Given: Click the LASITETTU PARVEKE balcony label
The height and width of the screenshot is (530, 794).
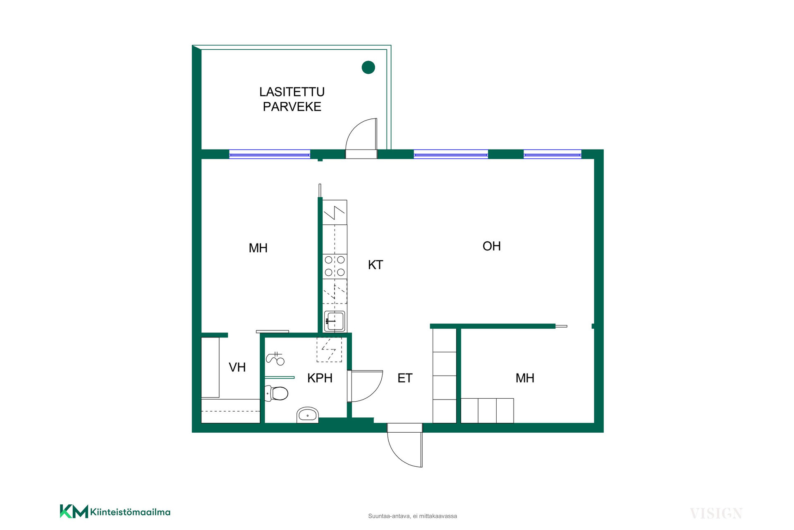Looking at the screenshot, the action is (292, 99).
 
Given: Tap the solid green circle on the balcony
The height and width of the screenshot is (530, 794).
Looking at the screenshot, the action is (368, 67).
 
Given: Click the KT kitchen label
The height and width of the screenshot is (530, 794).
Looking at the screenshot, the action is (375, 265).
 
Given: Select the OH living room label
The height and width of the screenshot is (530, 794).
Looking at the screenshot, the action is (492, 246).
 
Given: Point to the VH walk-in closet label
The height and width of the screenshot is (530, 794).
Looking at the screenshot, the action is (237, 367).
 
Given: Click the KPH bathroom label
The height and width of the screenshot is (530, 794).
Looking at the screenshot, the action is (320, 378).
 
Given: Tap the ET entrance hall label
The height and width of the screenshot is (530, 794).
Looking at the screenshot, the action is (405, 378).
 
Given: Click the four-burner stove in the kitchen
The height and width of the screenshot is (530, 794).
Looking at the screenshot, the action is (335, 266).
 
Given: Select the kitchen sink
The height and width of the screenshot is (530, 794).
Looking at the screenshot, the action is (335, 321).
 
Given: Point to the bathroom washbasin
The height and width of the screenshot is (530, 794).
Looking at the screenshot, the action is (308, 415).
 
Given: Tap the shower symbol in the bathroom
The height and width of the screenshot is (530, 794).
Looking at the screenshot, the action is (275, 359).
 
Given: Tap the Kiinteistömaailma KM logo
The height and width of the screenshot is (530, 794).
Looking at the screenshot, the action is (115, 511).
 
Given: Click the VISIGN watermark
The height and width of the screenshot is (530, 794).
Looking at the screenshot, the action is (716, 514).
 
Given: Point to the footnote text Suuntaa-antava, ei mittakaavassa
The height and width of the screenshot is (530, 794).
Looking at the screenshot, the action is (412, 516).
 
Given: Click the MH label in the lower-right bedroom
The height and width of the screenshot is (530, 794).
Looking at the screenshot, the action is (525, 378).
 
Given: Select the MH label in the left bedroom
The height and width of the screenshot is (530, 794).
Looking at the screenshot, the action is (258, 248).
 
